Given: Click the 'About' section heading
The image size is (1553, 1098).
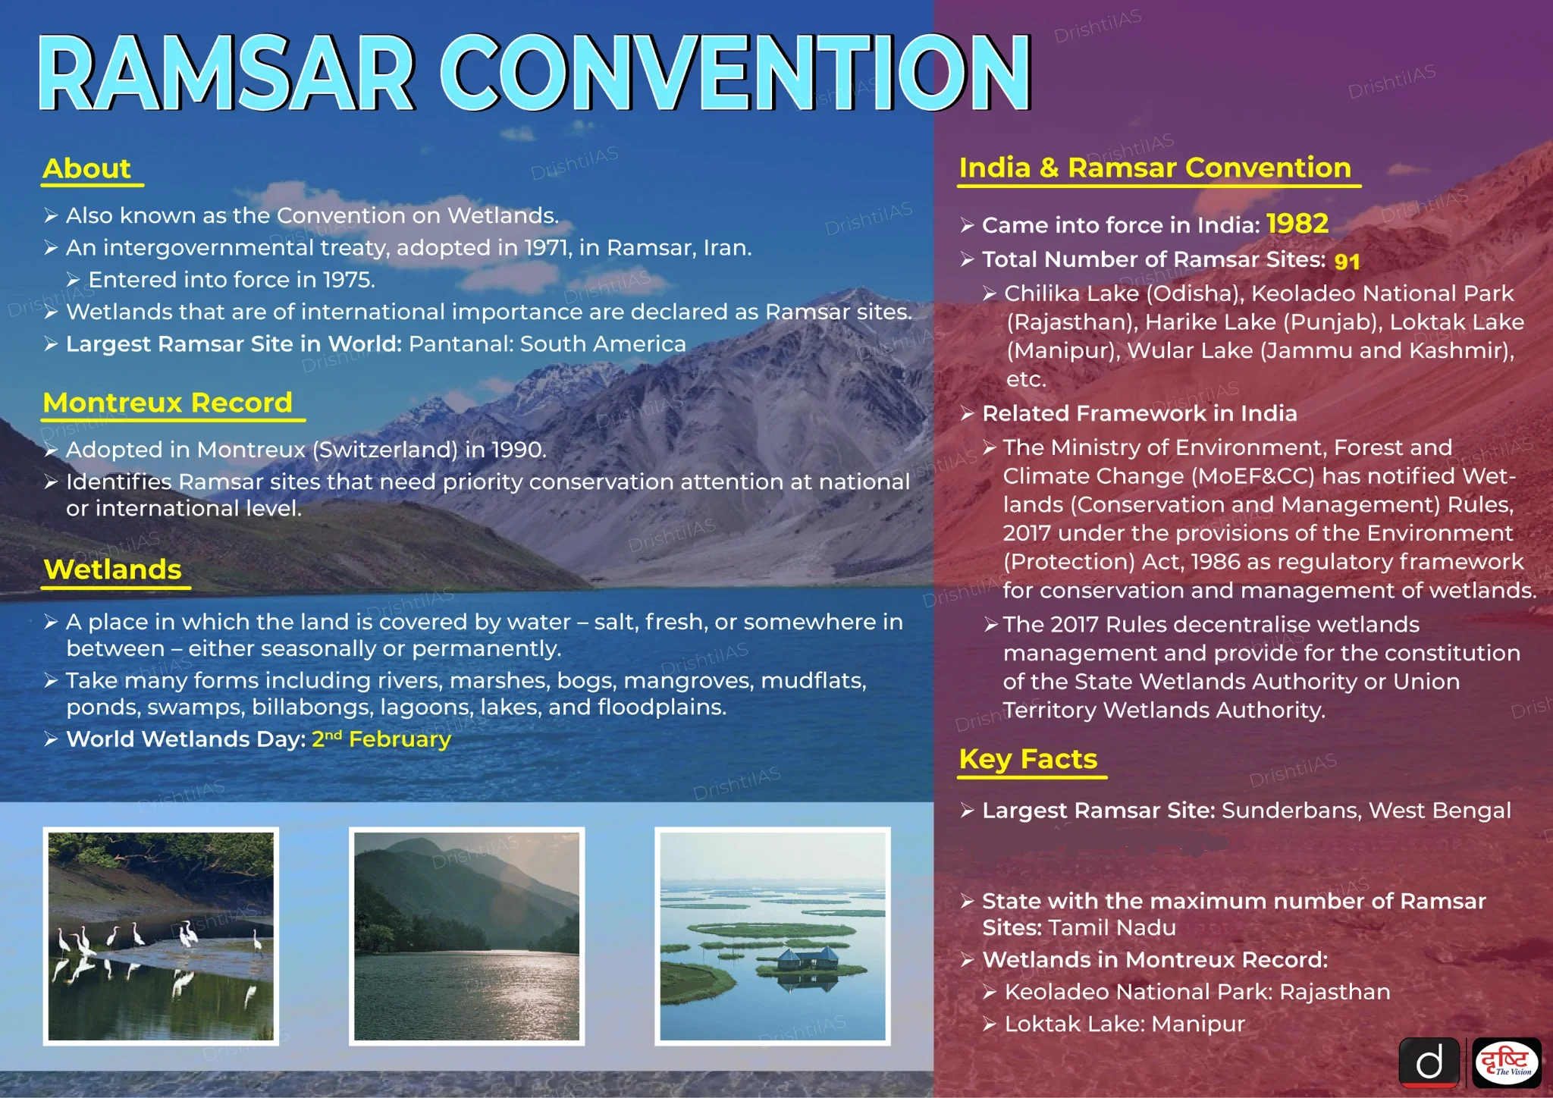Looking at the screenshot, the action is (87, 168).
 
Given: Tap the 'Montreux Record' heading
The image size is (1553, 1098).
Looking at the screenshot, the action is (168, 402).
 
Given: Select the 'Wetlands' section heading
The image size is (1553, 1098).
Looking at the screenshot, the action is (113, 569).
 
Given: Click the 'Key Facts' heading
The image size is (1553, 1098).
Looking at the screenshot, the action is (1028, 759).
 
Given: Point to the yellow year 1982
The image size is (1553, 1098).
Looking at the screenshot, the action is (1297, 224).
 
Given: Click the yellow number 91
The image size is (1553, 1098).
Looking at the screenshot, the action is (1347, 262).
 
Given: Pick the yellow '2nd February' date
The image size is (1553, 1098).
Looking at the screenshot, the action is (381, 739).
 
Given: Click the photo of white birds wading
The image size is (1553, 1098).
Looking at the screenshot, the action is (161, 936).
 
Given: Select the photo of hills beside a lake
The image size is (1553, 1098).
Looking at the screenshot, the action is (467, 936).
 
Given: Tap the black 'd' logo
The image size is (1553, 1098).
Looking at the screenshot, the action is (1429, 1062).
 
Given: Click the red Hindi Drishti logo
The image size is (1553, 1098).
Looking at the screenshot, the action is (1507, 1062).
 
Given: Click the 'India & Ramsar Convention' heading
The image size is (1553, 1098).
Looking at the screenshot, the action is (1155, 168).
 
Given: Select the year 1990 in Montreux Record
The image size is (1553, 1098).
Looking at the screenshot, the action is (519, 450).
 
